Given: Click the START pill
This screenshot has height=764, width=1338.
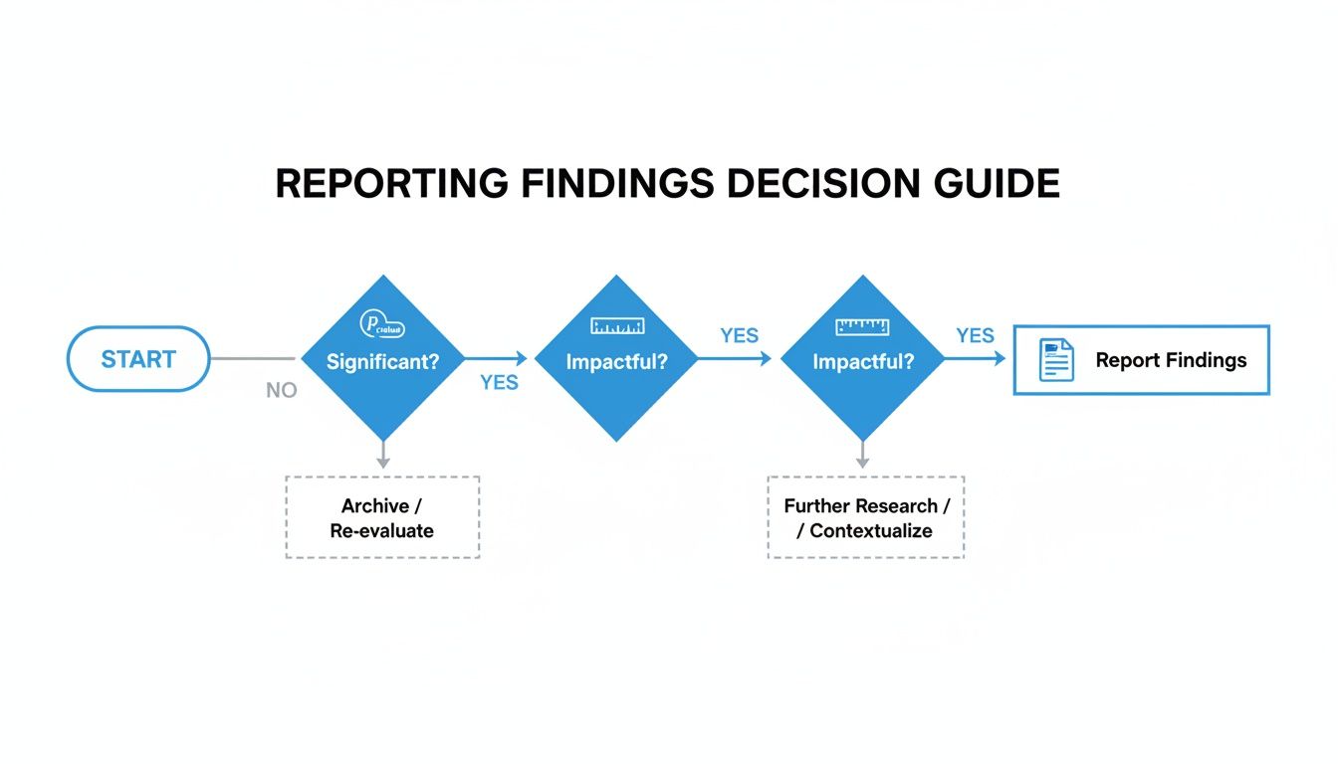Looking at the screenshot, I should click(138, 359).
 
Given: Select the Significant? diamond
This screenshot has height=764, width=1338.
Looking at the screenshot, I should click(382, 362).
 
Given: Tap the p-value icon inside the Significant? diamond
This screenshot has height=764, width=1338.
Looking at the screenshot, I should click(382, 324).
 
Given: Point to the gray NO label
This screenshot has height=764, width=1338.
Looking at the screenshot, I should click(282, 391).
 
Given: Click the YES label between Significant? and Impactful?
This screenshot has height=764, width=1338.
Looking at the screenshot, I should click(499, 383).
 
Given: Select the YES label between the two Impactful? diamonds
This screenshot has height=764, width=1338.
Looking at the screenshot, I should click(739, 336).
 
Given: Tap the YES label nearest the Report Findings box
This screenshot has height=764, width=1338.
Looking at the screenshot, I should click(975, 336).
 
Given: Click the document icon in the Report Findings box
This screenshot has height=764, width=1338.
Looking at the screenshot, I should click(1056, 360).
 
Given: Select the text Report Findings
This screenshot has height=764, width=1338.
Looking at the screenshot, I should click(1171, 360).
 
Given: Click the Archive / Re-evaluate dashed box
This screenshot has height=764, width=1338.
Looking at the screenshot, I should click(382, 517).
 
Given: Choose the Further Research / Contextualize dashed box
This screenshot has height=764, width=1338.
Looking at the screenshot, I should click(865, 517).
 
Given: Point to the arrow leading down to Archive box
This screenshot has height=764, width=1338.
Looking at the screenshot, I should click(382, 456).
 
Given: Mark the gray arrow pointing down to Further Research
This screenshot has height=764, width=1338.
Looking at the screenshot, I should click(862, 456).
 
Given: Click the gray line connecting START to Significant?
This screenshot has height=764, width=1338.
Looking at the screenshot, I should click(254, 359).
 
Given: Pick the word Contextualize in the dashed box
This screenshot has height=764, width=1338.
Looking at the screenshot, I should click(870, 530).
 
